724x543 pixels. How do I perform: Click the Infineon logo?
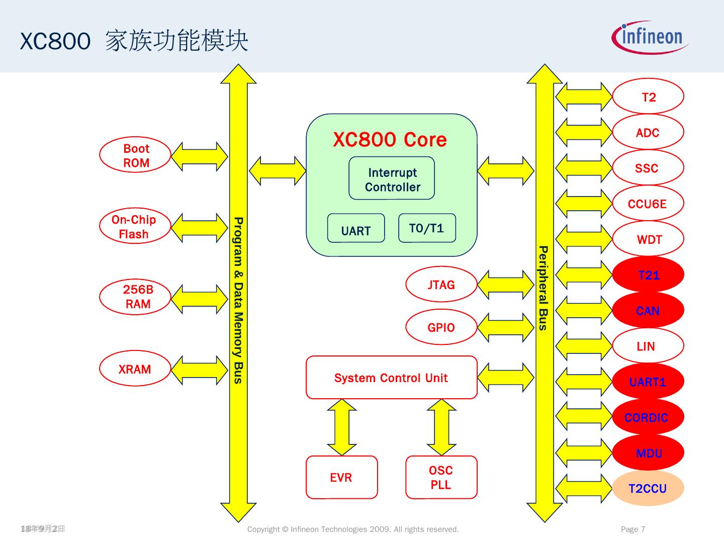coord(650,38)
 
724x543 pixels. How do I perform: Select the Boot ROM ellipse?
coord(135,156)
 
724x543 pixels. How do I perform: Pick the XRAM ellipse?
coord(135,370)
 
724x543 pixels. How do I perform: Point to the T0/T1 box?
coord(427,228)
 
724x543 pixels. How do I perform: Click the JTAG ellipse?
coord(441,285)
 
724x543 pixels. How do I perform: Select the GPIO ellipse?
coord(441,327)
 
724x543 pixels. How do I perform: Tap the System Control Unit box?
coord(391,378)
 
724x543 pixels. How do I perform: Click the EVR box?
coord(341,477)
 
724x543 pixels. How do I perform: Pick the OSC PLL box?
coord(441,477)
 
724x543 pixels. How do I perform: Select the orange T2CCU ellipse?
coord(648,488)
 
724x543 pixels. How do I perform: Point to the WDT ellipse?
coord(648,239)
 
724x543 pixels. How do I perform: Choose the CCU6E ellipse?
coord(648,204)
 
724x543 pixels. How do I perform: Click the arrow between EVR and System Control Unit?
coord(342,427)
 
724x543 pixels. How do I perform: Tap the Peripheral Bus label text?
coord(543,288)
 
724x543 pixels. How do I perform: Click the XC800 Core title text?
coord(390,140)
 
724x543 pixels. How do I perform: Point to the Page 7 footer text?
coord(633,529)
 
